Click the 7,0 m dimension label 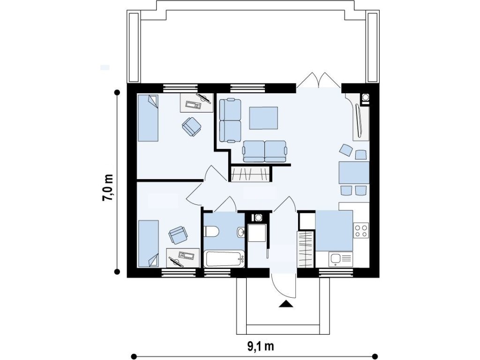[x=107, y=187]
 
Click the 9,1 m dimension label [x=261, y=346]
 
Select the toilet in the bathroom [x=210, y=231]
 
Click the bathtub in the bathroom [x=225, y=259]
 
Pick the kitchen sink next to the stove [x=341, y=259]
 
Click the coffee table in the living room [x=263, y=118]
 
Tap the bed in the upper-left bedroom [x=148, y=118]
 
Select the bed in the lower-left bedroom [x=149, y=243]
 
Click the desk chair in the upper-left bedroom [x=191, y=126]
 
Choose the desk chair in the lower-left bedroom [x=178, y=235]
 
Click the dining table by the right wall [x=354, y=172]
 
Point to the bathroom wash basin [x=240, y=232]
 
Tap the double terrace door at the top [x=319, y=80]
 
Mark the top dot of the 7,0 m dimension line [x=117, y=92]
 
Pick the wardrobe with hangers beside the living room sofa [x=251, y=174]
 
